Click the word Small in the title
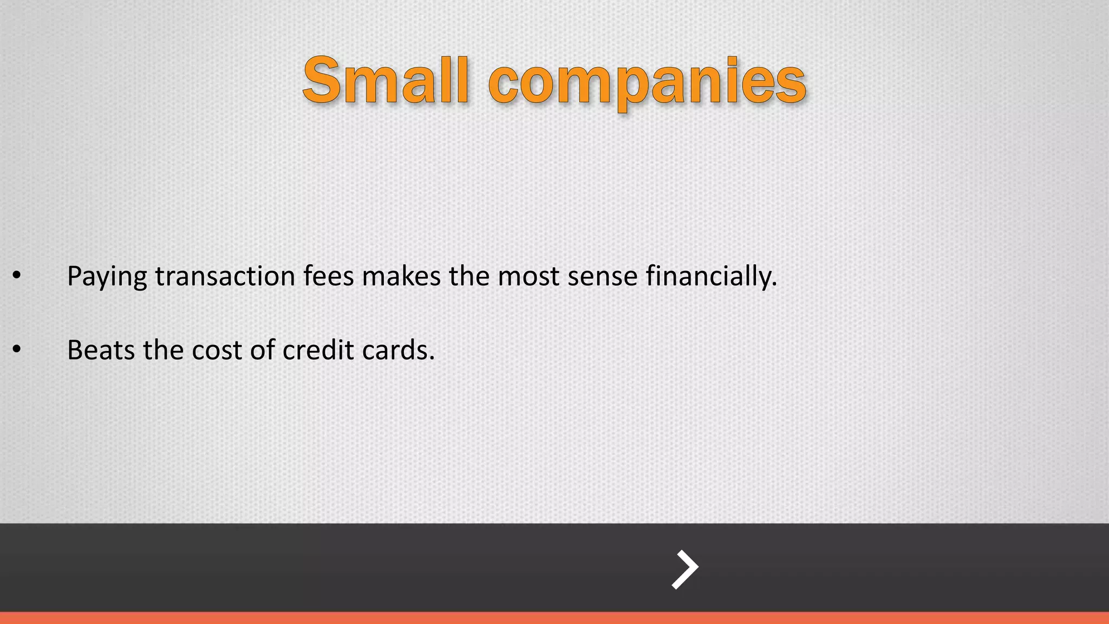(x=386, y=81)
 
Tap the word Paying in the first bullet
(x=107, y=277)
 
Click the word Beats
(x=101, y=350)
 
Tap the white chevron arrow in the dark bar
(x=684, y=569)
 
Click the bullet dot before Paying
(x=17, y=276)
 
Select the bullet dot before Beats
(x=17, y=350)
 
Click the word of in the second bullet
(x=262, y=350)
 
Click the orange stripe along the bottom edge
(x=554, y=618)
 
